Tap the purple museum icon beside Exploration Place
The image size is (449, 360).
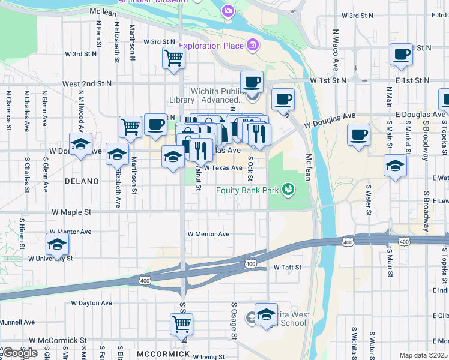click(x=253, y=46)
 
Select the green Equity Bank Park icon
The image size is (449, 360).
click(x=289, y=190)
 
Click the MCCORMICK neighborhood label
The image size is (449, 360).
click(x=163, y=354)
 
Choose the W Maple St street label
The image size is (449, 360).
click(x=71, y=212)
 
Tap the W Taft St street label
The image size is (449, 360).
click(x=287, y=267)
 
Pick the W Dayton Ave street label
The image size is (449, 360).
click(x=91, y=303)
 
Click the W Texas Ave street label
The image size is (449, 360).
click(x=223, y=169)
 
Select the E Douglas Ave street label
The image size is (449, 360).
click(x=420, y=114)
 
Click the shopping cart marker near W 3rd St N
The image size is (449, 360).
click(x=173, y=58)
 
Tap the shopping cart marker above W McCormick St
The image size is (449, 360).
click(x=181, y=324)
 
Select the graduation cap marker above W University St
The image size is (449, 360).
click(x=58, y=244)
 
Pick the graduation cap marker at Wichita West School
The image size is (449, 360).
click(x=266, y=314)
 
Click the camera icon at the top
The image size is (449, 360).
click(x=228, y=10)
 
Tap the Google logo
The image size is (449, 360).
click(x=20, y=353)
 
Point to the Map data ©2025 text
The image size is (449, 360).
click(x=424, y=355)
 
